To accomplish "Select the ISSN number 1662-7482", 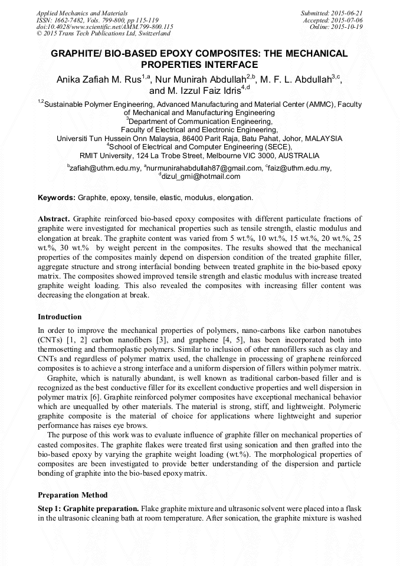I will click(74, 19).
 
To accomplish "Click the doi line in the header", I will click(104, 27).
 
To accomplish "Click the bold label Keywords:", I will click(57, 198).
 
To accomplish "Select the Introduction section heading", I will click(60, 317).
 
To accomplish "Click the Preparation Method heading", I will click(73, 495).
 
